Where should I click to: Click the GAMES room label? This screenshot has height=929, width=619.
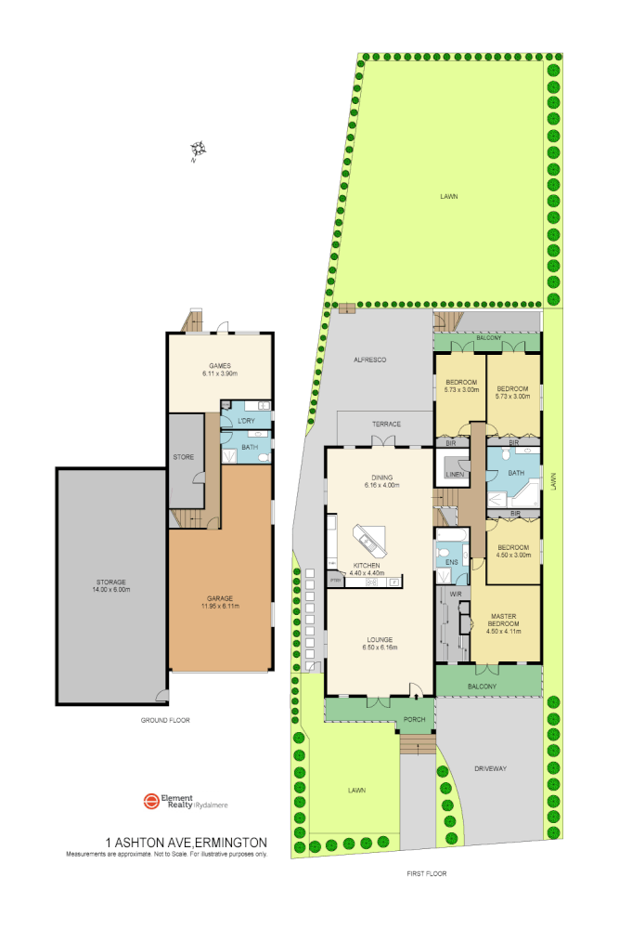coord(220,365)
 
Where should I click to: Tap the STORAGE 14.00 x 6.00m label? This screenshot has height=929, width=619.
coord(110,585)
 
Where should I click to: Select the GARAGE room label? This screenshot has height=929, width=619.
coord(220,598)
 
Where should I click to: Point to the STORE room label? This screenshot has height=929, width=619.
coord(183,457)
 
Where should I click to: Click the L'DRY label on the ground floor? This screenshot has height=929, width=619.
coord(246,422)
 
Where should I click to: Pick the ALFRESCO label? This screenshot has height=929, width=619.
coord(368,359)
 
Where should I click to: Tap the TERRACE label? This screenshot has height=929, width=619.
coord(386,425)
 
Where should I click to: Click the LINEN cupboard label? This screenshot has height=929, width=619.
coord(455,476)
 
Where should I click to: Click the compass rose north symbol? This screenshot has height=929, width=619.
coord(199,150)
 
